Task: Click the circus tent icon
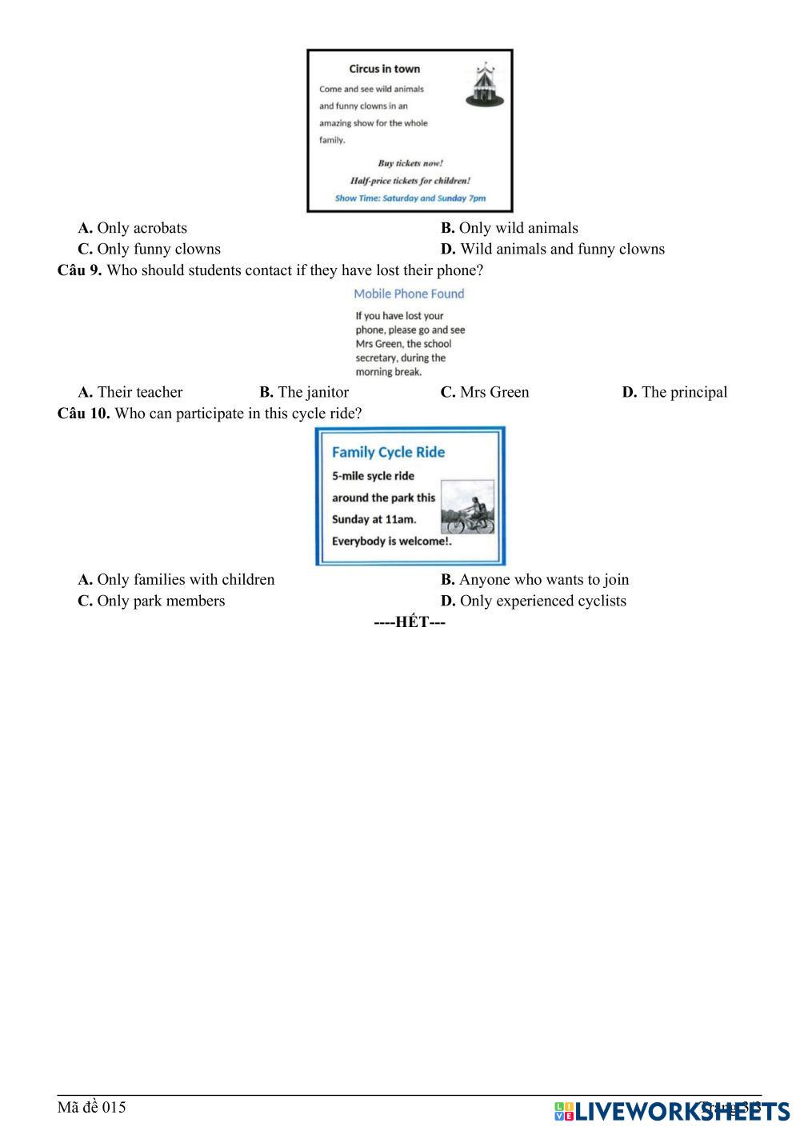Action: (x=485, y=84)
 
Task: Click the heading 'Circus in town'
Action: (x=384, y=69)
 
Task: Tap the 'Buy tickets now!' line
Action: (x=410, y=163)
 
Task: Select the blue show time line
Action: (x=410, y=198)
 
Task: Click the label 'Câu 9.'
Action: (x=79, y=270)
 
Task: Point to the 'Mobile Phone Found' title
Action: (x=409, y=294)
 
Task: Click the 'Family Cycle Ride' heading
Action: (x=388, y=452)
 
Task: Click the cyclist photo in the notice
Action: (x=467, y=507)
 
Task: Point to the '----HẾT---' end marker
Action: (x=410, y=622)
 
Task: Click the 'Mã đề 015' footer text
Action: (x=91, y=1107)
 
